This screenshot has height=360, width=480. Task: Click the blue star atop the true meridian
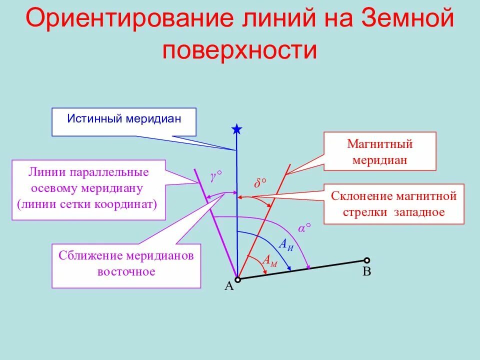click(x=236, y=130)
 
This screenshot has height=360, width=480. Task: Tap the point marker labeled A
click(x=238, y=279)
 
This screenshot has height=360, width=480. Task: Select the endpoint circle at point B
click(x=367, y=260)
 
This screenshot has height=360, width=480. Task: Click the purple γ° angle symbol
click(x=215, y=175)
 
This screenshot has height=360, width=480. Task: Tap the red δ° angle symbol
click(x=259, y=183)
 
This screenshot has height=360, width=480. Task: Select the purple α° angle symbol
click(x=304, y=228)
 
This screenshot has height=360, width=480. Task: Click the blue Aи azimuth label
click(x=285, y=244)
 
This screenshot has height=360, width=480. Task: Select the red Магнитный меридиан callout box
click(x=380, y=152)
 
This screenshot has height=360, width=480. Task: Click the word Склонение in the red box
click(x=361, y=195)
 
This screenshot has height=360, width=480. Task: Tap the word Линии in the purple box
click(x=43, y=172)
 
